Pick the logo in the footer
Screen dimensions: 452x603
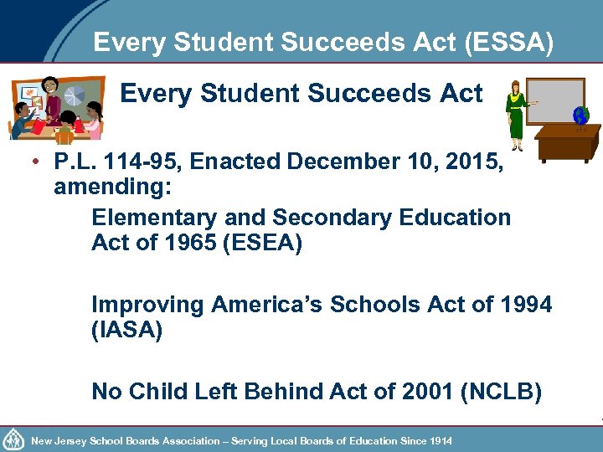(x=13, y=439)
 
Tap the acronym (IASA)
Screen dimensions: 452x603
(x=126, y=330)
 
